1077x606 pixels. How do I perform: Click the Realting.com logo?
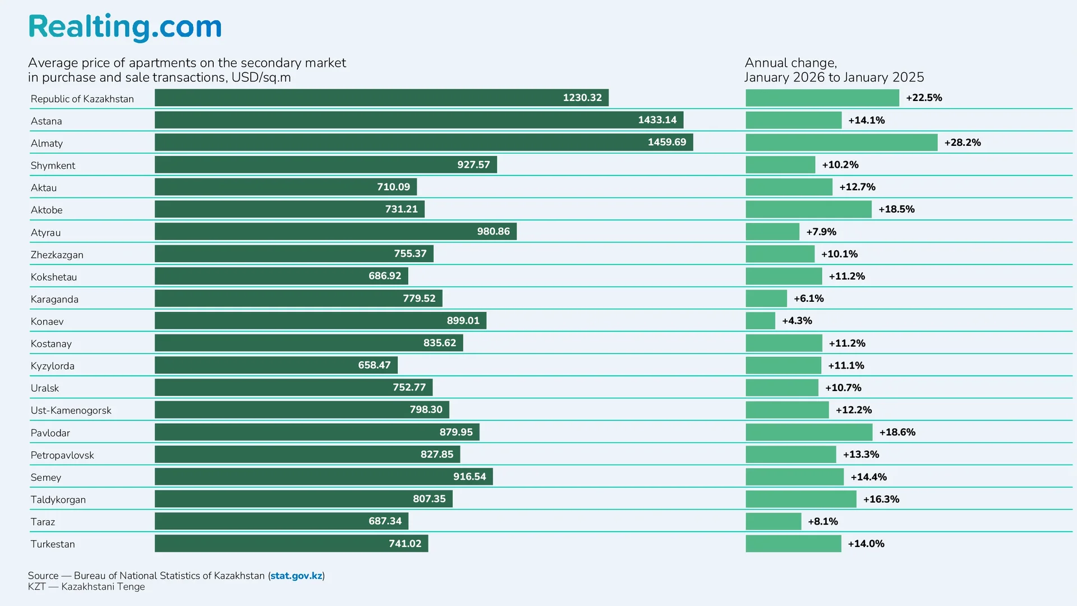(125, 27)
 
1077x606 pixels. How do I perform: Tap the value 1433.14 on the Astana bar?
(657, 120)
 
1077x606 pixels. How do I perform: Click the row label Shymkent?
(53, 166)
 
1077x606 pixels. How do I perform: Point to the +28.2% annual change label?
(962, 143)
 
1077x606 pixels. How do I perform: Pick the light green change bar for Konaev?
(760, 321)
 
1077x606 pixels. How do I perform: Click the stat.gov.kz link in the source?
(296, 576)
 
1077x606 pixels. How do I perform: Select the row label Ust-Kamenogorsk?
(71, 411)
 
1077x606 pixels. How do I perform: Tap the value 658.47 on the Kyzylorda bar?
(374, 365)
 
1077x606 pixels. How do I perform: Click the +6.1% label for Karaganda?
(808, 299)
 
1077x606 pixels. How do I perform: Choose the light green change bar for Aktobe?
(808, 209)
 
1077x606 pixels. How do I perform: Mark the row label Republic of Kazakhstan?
(82, 99)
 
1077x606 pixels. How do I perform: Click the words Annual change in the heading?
(790, 63)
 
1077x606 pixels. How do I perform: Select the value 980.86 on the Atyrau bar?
(493, 232)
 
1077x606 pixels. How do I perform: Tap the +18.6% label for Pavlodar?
(897, 432)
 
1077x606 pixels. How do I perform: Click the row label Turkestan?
(53, 544)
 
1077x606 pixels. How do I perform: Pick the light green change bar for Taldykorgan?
(800, 499)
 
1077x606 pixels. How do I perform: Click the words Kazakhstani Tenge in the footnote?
(103, 587)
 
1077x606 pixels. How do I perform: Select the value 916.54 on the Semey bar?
(470, 477)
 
